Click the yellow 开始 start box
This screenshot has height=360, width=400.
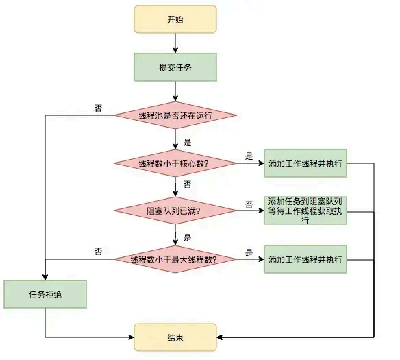(x=175, y=19)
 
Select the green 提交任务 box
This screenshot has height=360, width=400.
(x=175, y=67)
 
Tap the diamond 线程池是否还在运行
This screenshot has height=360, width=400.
(x=175, y=115)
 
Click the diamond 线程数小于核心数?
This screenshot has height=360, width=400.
(x=175, y=163)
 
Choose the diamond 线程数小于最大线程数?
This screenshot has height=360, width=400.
(x=175, y=259)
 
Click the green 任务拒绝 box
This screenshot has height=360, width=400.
(x=45, y=294)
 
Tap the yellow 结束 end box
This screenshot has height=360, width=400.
(x=175, y=337)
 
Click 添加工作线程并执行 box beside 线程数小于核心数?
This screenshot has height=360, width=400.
(x=305, y=163)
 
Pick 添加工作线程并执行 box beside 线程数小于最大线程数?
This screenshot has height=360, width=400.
(x=305, y=259)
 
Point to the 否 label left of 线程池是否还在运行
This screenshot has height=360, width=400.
(x=99, y=108)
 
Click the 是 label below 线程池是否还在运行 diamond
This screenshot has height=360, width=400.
(x=187, y=143)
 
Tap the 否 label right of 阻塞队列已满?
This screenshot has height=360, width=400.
(x=249, y=204)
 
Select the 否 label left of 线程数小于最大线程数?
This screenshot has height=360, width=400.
(x=99, y=252)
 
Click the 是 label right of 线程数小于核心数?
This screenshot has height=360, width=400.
(x=249, y=156)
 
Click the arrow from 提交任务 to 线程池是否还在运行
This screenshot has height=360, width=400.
(x=175, y=91)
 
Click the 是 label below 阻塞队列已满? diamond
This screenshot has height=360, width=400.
(x=187, y=238)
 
